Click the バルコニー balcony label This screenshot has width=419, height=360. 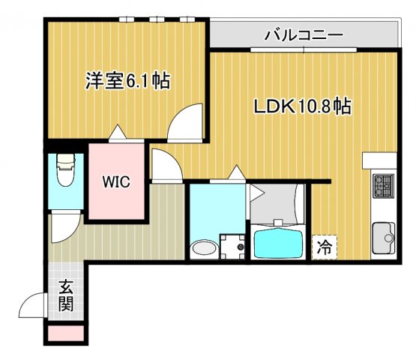pos(304,34)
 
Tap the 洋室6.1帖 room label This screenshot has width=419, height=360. pos(126,81)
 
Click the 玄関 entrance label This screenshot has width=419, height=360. pos(66,295)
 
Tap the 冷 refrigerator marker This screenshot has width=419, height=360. pos(325,244)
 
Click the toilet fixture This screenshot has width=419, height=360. pos(64,173)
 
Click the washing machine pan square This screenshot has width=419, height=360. pos(233,246)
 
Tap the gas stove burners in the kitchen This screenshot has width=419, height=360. pos(384,184)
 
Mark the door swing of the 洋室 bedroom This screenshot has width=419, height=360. pos(184,124)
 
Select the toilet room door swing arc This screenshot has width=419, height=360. pos(63,229)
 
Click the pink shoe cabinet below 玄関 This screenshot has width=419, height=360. pos(66,333)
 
